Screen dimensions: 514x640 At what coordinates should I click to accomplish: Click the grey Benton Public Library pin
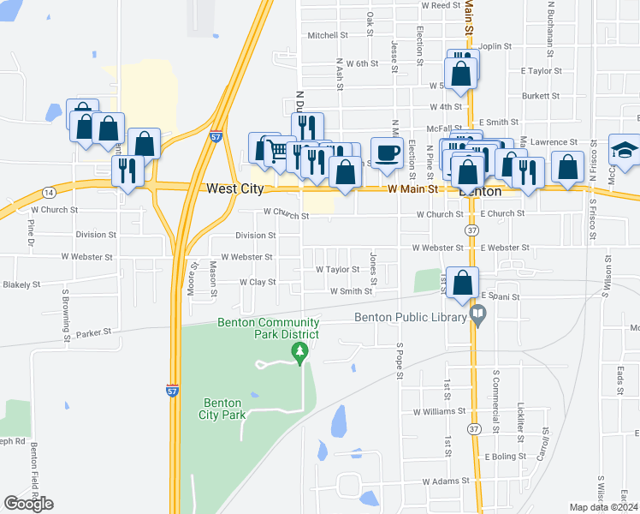click(479, 318)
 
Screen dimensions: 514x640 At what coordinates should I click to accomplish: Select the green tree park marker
click(299, 352)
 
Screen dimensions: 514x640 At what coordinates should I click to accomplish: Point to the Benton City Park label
click(224, 409)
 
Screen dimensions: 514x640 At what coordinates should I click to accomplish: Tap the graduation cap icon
click(625, 151)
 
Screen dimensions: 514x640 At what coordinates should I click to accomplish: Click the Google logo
click(28, 503)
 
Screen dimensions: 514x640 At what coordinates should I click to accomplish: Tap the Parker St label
click(94, 332)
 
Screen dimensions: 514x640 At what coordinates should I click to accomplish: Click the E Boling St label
click(505, 457)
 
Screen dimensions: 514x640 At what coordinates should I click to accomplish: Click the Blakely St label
click(21, 284)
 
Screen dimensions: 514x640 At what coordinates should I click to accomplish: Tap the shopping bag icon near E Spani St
click(462, 283)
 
